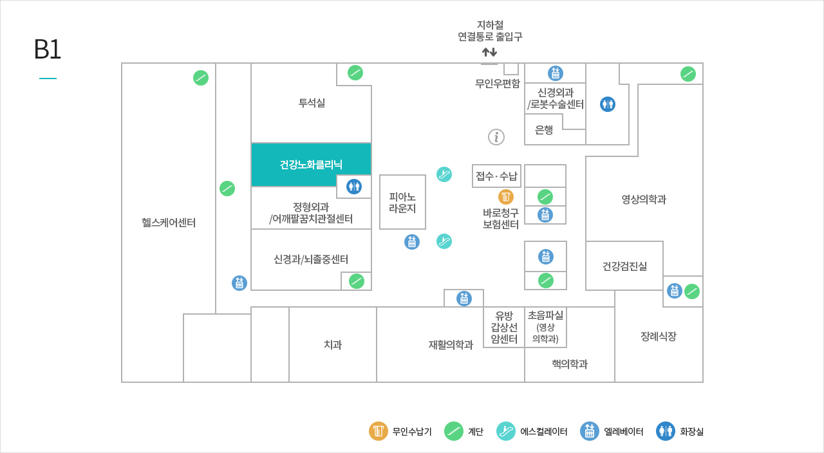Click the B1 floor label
pyautogui.click(x=47, y=50)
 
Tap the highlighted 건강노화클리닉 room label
pyautogui.click(x=311, y=165)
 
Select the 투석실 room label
pyautogui.click(x=312, y=103)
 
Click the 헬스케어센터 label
pyautogui.click(x=169, y=223)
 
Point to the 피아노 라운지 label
pyautogui.click(x=402, y=202)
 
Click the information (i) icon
pyautogui.click(x=496, y=137)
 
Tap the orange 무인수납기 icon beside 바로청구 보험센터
pyautogui.click(x=506, y=197)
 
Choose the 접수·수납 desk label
pyautogui.click(x=496, y=176)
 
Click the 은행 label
pyautogui.click(x=544, y=130)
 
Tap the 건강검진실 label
pyautogui.click(x=624, y=266)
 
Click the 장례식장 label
pyautogui.click(x=658, y=337)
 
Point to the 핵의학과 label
pyautogui.click(x=569, y=364)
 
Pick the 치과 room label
pyautogui.click(x=333, y=345)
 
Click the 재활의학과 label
pyautogui.click(x=451, y=345)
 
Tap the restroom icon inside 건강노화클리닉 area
pyautogui.click(x=354, y=187)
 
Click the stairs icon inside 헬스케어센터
pyautogui.click(x=201, y=78)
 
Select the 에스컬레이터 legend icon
pyautogui.click(x=506, y=431)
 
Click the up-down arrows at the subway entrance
pyautogui.click(x=489, y=51)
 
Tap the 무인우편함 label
pyautogui.click(x=498, y=83)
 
